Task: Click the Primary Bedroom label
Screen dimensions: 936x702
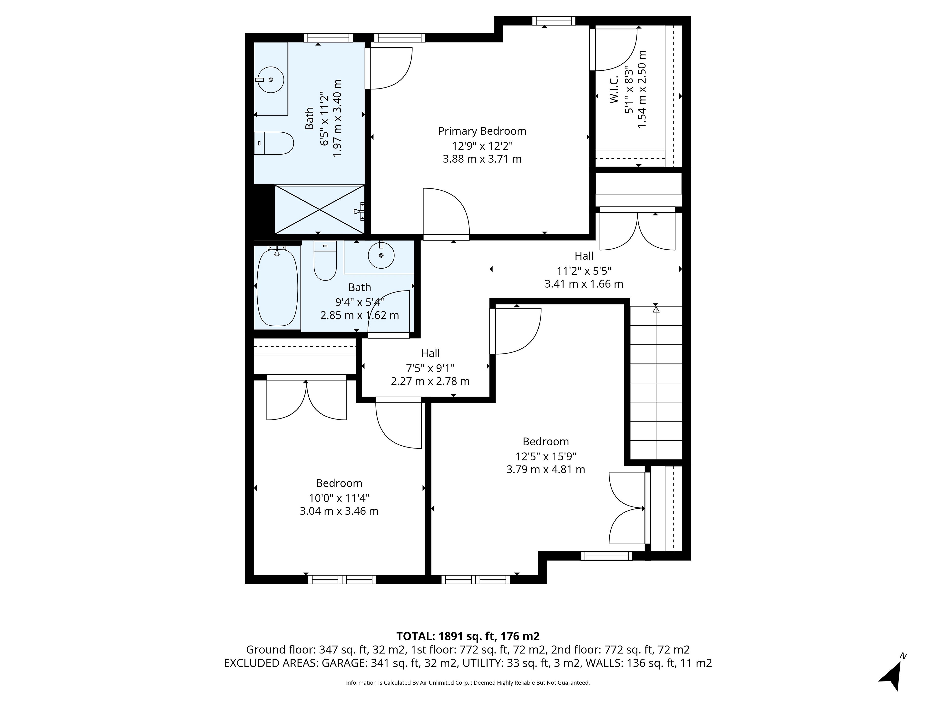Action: [x=482, y=131]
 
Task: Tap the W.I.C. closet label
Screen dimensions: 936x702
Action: [x=614, y=90]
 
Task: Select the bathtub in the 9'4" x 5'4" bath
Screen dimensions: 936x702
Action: [x=277, y=287]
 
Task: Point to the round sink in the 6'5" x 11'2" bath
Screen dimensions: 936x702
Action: [x=270, y=79]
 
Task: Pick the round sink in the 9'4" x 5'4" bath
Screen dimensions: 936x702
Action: [x=381, y=255]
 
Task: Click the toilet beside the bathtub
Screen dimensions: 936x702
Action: [x=325, y=260]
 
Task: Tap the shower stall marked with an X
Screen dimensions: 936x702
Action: [x=320, y=209]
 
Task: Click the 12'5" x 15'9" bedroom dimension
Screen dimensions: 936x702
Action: [x=546, y=456]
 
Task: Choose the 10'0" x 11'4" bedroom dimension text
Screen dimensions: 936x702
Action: [x=339, y=498]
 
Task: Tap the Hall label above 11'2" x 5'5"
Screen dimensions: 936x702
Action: [x=584, y=256]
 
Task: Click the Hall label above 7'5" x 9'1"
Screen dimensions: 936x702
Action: [x=430, y=353]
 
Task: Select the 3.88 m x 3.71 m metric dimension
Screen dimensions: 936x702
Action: [x=482, y=159]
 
